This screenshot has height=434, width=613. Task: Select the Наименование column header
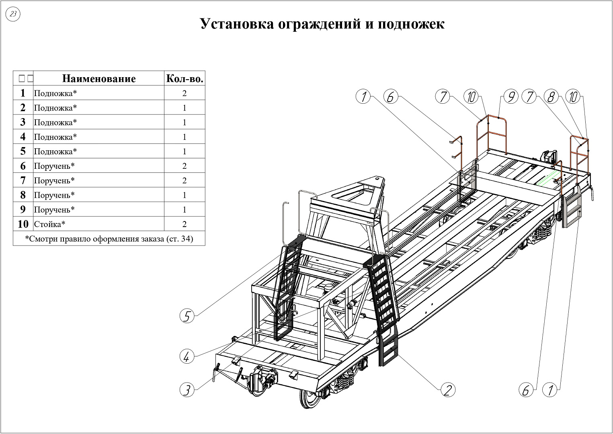(x=99, y=78)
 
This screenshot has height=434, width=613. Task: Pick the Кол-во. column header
(x=185, y=78)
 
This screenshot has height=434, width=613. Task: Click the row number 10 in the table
(x=23, y=224)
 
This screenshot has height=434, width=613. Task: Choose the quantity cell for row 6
(x=185, y=166)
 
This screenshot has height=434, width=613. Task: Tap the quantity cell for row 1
(x=185, y=93)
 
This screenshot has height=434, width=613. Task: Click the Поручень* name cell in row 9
(x=54, y=209)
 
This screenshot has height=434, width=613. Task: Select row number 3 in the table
(x=23, y=122)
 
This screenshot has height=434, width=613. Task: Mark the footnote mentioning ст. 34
(x=109, y=239)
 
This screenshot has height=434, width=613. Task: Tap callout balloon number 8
(x=551, y=97)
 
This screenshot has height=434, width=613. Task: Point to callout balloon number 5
(x=187, y=316)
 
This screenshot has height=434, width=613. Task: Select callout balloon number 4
(x=187, y=356)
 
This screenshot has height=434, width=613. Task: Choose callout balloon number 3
(x=187, y=389)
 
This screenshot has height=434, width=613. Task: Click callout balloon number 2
(x=447, y=389)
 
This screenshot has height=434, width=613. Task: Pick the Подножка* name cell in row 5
(x=55, y=151)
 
